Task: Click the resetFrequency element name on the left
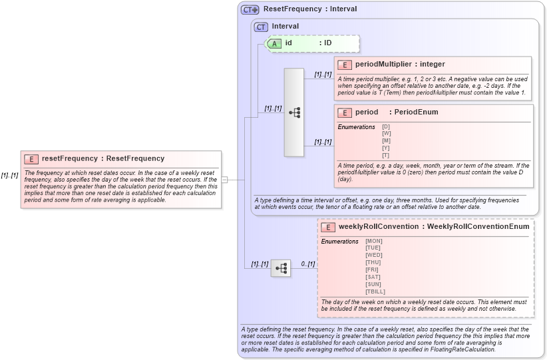click(x=69, y=158)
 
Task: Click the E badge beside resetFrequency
click(x=31, y=159)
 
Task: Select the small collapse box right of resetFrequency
click(x=225, y=179)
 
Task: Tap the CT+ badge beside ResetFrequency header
click(x=250, y=9)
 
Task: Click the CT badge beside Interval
click(x=261, y=27)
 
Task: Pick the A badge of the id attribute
click(x=275, y=43)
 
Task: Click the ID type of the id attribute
click(x=327, y=43)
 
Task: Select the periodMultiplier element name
click(x=383, y=65)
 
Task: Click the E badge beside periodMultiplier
click(x=345, y=65)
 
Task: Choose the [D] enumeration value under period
click(x=386, y=126)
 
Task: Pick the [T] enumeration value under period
click(x=386, y=156)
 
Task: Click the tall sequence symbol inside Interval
click(x=294, y=112)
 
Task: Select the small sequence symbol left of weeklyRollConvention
click(x=281, y=268)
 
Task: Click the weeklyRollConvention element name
click(x=379, y=227)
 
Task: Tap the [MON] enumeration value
click(x=374, y=241)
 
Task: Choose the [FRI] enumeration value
click(x=373, y=270)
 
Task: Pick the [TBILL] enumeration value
click(x=375, y=291)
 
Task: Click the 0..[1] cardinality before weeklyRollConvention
click(x=307, y=264)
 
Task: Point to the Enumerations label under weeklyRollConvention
click(x=339, y=241)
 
